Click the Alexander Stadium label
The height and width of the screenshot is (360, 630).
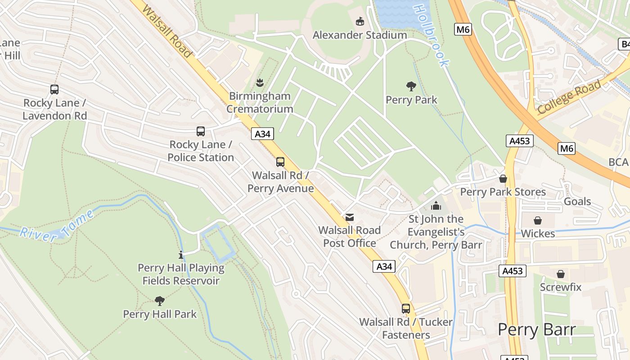click(x=360, y=35)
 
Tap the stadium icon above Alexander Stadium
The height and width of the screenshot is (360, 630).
click(x=360, y=22)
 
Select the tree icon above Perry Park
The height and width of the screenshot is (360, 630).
click(x=411, y=86)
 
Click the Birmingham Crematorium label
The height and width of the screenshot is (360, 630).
click(x=260, y=103)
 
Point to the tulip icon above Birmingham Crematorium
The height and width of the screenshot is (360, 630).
click(x=260, y=82)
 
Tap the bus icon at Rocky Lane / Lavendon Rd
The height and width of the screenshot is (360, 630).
click(x=54, y=90)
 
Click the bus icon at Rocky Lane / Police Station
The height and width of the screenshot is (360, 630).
click(x=201, y=131)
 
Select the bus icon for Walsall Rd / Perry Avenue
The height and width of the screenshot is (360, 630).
click(x=280, y=162)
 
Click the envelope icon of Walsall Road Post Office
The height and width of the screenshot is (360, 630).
click(x=349, y=217)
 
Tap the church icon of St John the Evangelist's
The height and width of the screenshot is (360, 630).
click(x=436, y=206)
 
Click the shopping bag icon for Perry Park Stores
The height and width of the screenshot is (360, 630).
click(x=503, y=179)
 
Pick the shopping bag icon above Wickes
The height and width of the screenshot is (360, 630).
click(x=538, y=220)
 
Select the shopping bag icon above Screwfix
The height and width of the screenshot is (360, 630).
click(x=561, y=274)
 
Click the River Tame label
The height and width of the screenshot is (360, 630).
click(x=57, y=227)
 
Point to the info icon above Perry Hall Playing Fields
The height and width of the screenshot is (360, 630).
click(x=181, y=255)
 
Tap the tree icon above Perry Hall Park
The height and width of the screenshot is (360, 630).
click(x=159, y=301)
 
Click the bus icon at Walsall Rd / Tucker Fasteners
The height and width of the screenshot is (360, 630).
click(x=406, y=309)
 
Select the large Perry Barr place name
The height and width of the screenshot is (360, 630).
click(x=536, y=330)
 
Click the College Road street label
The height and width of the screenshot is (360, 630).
click(x=569, y=96)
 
